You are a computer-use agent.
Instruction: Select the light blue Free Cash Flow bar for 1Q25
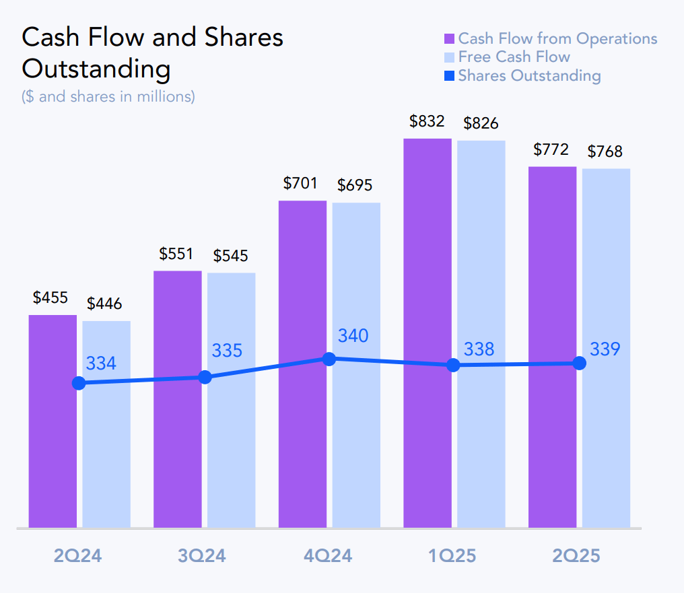[x=481, y=438]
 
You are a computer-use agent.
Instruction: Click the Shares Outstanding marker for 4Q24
[x=329, y=359]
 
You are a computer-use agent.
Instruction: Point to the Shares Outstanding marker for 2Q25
[x=579, y=363]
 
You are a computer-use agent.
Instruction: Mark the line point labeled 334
[x=79, y=383]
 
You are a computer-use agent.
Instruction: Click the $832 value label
[x=427, y=121]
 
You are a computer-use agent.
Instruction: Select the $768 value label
[x=605, y=151]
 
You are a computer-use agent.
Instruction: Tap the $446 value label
[x=104, y=304]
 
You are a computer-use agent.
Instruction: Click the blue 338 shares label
[x=479, y=349]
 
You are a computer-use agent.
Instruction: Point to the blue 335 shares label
[x=227, y=351]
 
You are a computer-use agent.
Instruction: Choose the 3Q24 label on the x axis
[x=202, y=556]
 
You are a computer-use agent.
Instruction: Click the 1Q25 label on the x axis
[x=452, y=556]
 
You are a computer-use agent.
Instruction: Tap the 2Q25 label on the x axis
[x=576, y=556]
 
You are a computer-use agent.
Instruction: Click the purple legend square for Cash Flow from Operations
[x=450, y=39]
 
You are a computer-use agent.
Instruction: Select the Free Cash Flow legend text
[x=514, y=57]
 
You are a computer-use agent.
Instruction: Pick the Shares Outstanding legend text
[x=529, y=75]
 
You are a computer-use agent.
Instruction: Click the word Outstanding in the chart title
[x=96, y=69]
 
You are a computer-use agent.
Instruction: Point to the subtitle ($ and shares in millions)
[x=108, y=96]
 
